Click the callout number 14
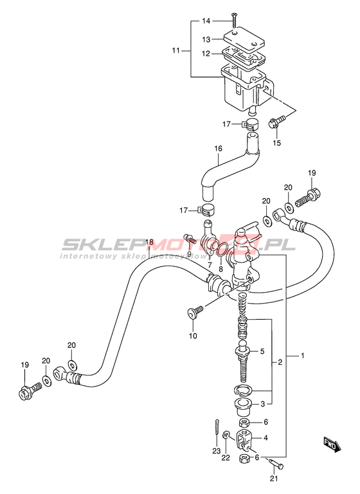206,21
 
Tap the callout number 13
206,40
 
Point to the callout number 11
175,50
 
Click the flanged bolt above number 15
277,122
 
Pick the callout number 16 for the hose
219,149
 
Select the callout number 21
274,479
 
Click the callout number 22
226,457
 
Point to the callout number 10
193,336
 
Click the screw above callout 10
195,313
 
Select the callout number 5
262,351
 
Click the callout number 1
302,356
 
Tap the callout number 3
263,404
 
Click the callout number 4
265,438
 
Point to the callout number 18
149,242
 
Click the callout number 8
221,269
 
